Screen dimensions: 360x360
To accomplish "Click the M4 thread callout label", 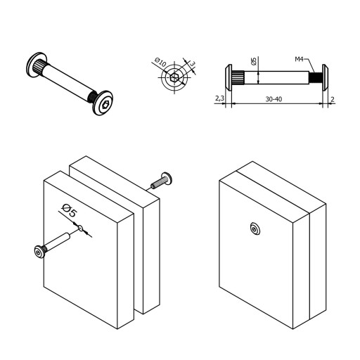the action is point(299,59).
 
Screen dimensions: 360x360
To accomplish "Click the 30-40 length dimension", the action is point(274,99).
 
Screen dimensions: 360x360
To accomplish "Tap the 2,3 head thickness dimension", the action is point(219,98).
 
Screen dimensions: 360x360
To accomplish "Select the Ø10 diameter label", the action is point(160,62).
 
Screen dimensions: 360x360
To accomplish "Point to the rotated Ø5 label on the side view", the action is point(254,61).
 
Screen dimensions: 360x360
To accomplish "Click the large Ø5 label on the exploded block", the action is point(70,210).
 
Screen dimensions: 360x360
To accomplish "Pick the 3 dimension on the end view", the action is point(192,64).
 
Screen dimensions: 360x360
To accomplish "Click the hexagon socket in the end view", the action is point(174,77).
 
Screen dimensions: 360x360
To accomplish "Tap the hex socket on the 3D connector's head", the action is point(105,104).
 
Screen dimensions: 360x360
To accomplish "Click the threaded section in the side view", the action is point(315,77).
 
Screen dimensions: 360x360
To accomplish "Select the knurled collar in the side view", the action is point(238,77).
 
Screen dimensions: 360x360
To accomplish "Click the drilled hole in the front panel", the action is point(80,228).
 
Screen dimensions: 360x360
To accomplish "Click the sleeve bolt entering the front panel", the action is point(52,245).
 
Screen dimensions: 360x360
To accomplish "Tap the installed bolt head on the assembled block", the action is point(255,229).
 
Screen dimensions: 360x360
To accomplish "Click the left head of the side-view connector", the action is point(229,77).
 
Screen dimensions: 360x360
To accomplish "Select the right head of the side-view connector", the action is point(325,77).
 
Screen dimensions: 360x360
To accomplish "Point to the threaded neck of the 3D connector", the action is point(93,97).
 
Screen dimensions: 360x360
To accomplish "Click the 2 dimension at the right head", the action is point(332,99).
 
